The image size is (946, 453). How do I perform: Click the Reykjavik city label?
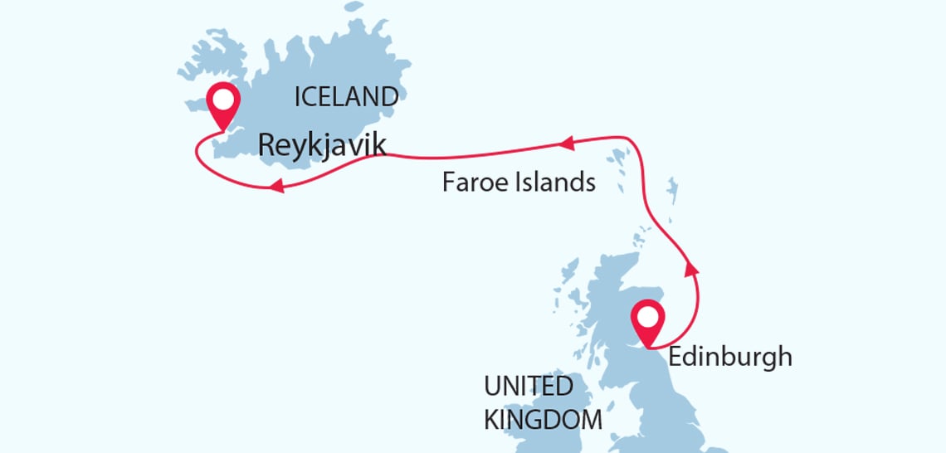(322, 145)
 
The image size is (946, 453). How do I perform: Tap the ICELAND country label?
(346, 97)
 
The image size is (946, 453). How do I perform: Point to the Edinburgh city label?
(730, 357)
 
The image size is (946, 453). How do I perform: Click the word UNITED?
(529, 386)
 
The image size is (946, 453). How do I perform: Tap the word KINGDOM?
(543, 418)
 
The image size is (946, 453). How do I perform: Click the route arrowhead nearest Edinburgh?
(690, 267)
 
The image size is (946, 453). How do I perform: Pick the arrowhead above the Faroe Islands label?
(568, 144)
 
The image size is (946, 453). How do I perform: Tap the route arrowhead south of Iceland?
(278, 188)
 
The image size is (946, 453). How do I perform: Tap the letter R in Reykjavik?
(267, 145)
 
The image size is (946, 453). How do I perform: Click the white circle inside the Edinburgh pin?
(647, 317)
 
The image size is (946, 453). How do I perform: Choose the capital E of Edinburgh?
(675, 357)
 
